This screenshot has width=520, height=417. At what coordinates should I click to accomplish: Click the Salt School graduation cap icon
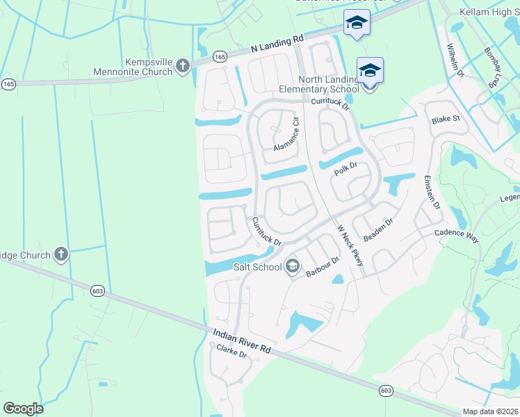(x=293, y=266)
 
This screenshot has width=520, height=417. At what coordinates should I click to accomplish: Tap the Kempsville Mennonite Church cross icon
(x=183, y=66)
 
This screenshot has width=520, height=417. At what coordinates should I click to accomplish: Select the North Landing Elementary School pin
(x=370, y=71)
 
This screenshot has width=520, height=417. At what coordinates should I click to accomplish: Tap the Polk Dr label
(x=345, y=168)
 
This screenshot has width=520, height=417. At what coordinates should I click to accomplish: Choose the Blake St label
(x=446, y=119)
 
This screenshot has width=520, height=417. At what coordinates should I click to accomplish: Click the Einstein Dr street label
(x=432, y=193)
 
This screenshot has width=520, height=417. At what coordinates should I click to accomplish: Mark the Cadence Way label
(x=457, y=235)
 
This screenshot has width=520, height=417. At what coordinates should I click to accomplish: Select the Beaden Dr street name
(x=379, y=229)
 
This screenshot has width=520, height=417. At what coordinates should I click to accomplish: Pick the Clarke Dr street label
(x=232, y=351)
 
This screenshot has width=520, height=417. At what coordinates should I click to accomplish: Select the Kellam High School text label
(x=489, y=12)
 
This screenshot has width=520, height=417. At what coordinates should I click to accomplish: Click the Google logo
(x=24, y=408)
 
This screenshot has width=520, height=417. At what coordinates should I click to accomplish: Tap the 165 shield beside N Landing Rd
(x=220, y=57)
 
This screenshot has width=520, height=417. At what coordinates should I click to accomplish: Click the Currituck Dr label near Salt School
(x=266, y=231)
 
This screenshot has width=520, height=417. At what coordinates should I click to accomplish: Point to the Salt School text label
(x=257, y=266)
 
